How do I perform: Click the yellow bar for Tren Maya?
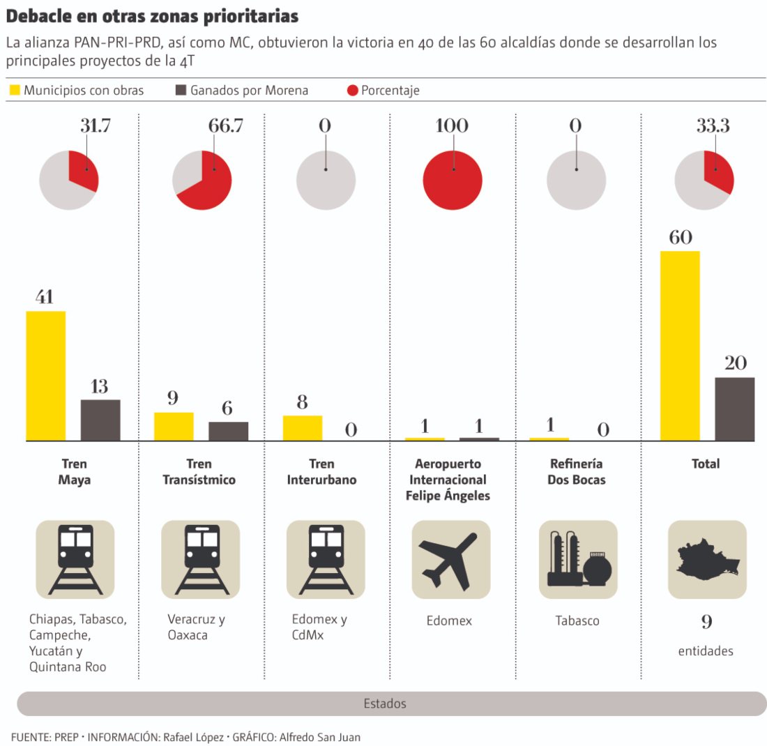click(x=46, y=376)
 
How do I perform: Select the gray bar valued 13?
click(x=100, y=420)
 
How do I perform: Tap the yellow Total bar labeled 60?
click(x=680, y=346)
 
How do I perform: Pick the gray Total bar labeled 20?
click(x=734, y=409)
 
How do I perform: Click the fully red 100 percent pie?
click(x=453, y=180)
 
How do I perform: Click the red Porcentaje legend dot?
click(x=352, y=91)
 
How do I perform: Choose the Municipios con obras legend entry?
click(x=77, y=91)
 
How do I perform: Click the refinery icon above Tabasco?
click(x=577, y=559)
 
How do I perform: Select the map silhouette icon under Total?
click(x=706, y=559)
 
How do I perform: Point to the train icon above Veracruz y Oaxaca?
click(x=201, y=559)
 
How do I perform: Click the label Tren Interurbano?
click(x=321, y=472)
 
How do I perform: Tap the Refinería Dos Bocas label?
click(x=577, y=472)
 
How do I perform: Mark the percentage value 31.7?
click(x=96, y=126)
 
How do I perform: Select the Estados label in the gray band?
click(x=384, y=703)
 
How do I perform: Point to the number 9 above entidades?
click(x=706, y=622)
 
